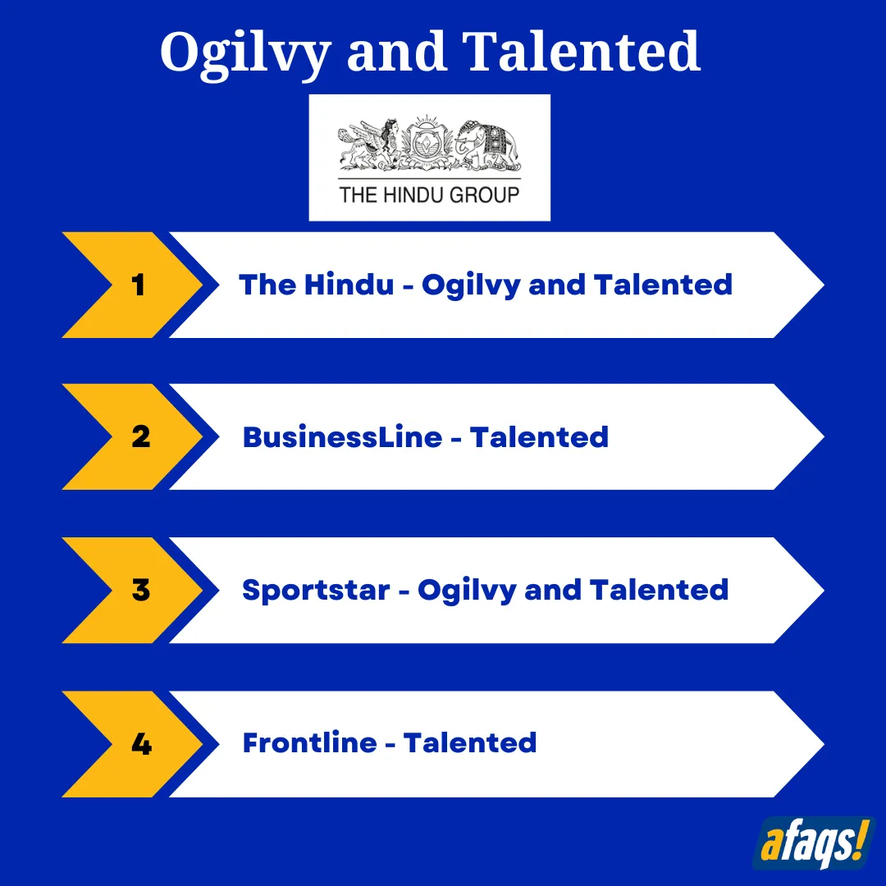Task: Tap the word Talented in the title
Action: click(582, 51)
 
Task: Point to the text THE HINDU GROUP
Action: click(429, 195)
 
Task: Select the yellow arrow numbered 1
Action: click(132, 285)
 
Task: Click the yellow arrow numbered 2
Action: click(132, 436)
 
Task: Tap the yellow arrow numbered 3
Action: click(132, 590)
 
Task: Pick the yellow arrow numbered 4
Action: click(132, 743)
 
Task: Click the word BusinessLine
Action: click(342, 436)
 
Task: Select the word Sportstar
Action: click(316, 591)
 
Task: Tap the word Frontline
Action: click(309, 742)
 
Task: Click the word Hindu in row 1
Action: click(349, 284)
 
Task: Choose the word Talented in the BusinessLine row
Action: click(539, 436)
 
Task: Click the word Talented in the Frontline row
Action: click(470, 742)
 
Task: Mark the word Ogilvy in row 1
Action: click(471, 285)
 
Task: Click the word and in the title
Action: click(396, 52)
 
